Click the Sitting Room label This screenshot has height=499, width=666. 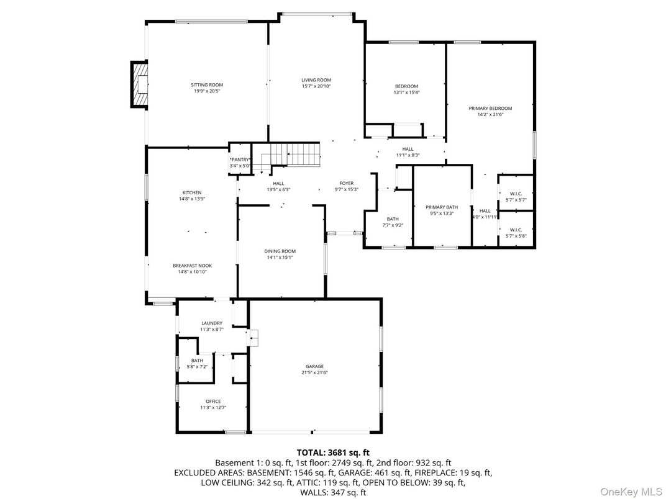(x=206, y=85)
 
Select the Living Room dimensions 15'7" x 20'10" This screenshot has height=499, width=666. (x=316, y=86)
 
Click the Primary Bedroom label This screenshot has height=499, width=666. (x=490, y=108)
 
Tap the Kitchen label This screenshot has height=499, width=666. (x=191, y=192)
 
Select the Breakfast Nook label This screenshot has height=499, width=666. (x=191, y=266)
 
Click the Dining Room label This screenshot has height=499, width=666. (x=281, y=251)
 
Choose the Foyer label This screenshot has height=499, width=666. (x=346, y=183)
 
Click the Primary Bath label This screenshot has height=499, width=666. (x=442, y=207)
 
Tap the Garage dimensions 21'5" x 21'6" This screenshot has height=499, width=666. (x=314, y=372)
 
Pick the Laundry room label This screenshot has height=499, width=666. (x=212, y=323)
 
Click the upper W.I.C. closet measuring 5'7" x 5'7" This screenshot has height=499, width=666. (x=516, y=193)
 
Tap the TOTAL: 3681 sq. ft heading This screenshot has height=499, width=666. (x=332, y=452)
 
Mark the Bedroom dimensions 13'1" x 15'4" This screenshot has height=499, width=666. (x=406, y=92)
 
